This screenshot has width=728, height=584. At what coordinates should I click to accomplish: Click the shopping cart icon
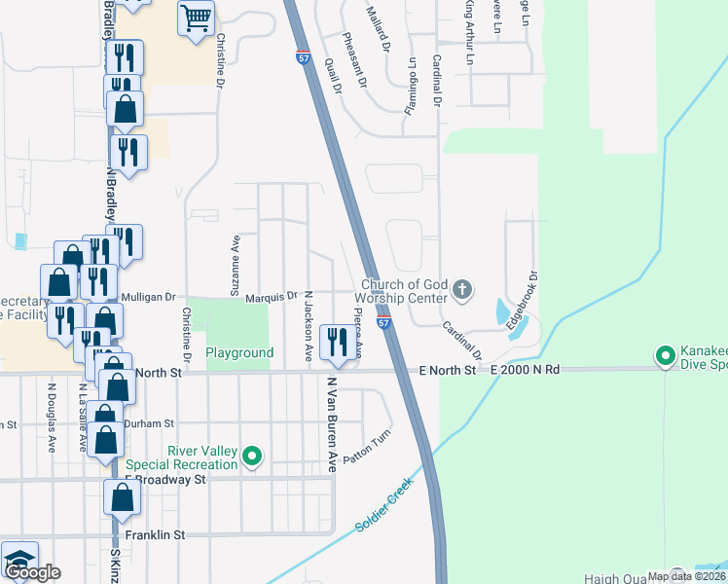[x=197, y=18]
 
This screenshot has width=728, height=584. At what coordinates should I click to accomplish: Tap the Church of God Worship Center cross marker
[x=462, y=290]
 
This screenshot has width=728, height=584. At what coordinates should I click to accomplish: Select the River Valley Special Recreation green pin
[x=253, y=456]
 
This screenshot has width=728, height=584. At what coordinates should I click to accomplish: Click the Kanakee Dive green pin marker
[x=667, y=357]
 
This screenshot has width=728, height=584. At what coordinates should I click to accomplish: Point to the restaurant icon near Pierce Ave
[x=338, y=341]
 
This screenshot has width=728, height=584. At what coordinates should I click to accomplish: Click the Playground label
[x=239, y=352]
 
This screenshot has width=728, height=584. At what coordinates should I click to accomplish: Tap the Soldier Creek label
[x=382, y=505]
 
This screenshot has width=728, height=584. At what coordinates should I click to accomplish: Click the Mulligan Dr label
[x=147, y=296]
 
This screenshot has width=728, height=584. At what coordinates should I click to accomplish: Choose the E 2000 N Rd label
[x=527, y=370]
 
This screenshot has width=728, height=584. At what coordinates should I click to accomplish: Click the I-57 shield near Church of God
[x=384, y=322]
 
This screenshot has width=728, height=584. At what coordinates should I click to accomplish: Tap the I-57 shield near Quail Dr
[x=304, y=58]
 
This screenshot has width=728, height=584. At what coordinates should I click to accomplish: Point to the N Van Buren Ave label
[x=332, y=425]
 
